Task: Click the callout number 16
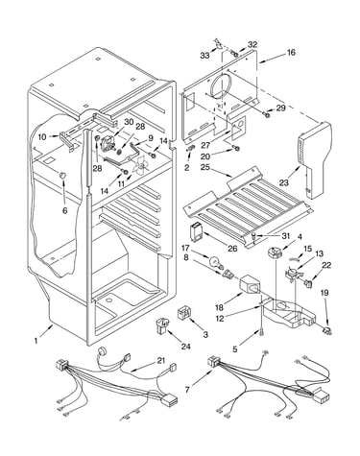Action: (x=292, y=52)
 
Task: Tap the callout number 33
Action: (x=205, y=56)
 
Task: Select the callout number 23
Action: (x=283, y=182)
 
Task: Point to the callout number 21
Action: (x=161, y=361)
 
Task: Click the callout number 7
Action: (x=188, y=390)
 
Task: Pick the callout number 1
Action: (x=36, y=341)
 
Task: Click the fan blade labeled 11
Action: (x=139, y=166)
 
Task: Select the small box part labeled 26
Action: (x=196, y=231)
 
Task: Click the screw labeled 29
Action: (x=266, y=113)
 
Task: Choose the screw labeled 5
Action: (x=262, y=333)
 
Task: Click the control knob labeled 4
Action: (x=274, y=253)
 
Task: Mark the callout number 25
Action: (x=205, y=167)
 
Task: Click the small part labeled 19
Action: (x=327, y=330)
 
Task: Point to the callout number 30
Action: (x=129, y=122)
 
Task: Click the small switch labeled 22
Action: (x=308, y=283)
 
